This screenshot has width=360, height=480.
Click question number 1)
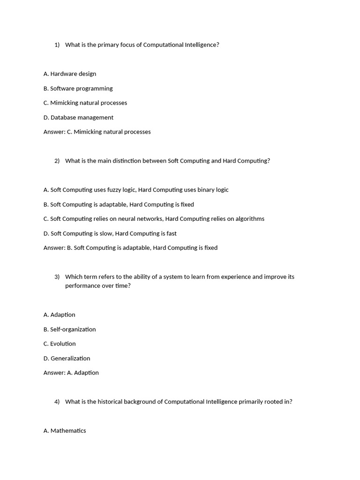57,45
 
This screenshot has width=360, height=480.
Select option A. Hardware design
70,74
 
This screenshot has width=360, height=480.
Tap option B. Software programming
78,88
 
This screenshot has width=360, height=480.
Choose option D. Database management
78,117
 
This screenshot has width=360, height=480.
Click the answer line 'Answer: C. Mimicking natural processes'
97,132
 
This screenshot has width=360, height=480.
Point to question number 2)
57,161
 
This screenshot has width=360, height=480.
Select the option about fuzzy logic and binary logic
136,190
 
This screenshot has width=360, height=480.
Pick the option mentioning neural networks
154,218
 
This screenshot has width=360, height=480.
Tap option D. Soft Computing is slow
110,233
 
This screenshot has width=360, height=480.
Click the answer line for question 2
130,247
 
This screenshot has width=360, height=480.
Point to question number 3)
57,277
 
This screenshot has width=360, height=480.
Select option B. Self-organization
69,329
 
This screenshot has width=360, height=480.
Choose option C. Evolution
60,344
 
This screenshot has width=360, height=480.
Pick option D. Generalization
67,358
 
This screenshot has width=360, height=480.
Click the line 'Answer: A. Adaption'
71,373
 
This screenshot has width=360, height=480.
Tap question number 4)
57,402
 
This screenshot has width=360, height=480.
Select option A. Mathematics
65,431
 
